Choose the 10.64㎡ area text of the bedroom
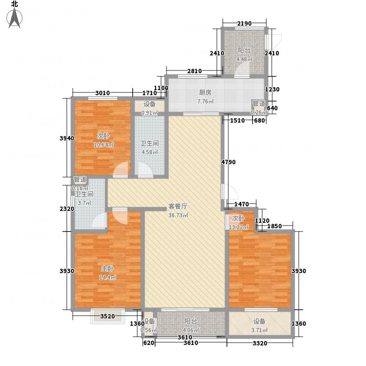pos(104,145)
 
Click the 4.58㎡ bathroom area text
pos(149,152)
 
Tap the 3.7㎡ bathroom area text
pos(85,203)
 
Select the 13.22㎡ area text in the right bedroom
pos(240,226)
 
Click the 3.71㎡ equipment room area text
pos(259,331)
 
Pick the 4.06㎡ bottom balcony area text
pos(191,331)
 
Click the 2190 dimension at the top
pos(244,23)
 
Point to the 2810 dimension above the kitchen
pos(194,70)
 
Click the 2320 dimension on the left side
pos(67,209)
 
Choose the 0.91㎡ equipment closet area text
pos(149,113)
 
